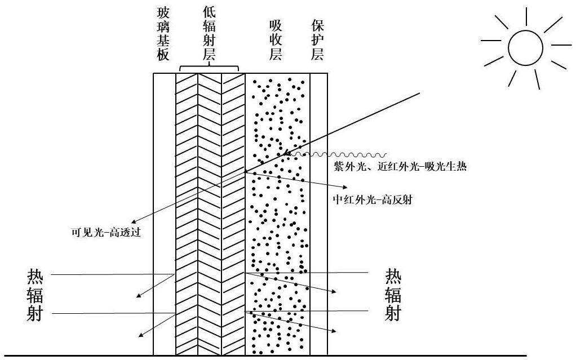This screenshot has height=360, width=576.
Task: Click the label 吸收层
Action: [275, 40]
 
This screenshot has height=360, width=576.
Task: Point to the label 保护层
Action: [317, 40]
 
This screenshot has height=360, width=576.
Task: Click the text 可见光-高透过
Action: [106, 232]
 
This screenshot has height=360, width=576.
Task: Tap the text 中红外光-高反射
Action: [373, 199]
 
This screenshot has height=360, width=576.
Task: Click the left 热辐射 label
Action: [35, 295]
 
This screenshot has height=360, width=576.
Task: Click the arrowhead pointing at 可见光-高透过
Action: [134, 221]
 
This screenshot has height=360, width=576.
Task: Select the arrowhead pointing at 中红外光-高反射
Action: [344, 186]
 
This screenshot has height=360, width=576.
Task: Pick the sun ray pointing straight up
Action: [526, 16]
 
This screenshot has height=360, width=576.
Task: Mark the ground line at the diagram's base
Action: [288, 355]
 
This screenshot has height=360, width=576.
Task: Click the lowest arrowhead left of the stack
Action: [140, 335]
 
